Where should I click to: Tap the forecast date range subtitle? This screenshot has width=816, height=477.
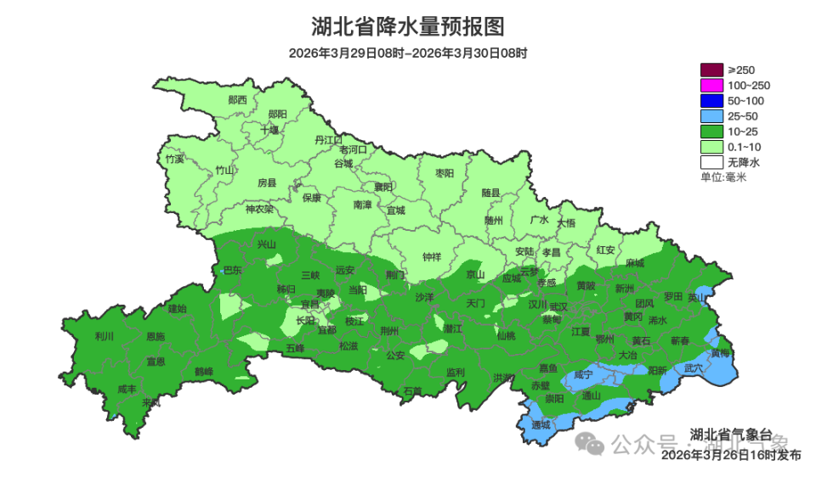click(408, 53)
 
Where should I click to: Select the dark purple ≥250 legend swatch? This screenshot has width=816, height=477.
click(711, 70)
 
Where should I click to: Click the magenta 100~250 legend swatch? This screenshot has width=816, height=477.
click(711, 85)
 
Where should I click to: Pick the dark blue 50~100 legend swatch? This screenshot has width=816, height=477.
click(711, 100)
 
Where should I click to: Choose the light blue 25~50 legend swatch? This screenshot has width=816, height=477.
click(711, 115)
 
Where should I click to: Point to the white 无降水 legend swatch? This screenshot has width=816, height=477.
click(711, 161)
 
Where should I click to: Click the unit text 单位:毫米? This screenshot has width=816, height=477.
click(722, 177)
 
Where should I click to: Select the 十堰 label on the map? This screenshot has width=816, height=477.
click(269, 130)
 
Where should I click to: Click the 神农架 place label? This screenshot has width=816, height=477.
click(259, 209)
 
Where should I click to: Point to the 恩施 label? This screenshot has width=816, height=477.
click(156, 337)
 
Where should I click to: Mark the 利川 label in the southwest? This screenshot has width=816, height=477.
click(104, 336)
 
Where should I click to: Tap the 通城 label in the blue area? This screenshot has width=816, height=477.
click(541, 424)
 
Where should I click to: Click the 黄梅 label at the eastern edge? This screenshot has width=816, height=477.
click(720, 352)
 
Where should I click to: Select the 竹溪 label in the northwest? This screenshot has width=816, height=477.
click(174, 159)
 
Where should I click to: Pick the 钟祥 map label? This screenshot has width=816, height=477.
click(433, 257)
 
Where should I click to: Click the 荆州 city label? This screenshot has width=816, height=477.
click(389, 330)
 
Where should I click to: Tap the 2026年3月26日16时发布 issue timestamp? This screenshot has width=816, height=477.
click(731, 455)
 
